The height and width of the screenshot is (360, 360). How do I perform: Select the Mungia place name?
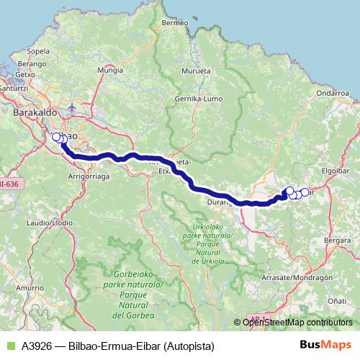(x=110, y=71)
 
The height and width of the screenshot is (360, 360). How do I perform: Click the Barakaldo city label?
(x=30, y=112)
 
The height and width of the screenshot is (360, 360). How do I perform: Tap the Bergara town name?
(x=338, y=239)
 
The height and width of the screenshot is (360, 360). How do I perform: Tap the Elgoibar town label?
(x=336, y=171)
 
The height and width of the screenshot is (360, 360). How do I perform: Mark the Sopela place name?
(x=37, y=52)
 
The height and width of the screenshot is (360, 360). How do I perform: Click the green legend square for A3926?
(x=10, y=345)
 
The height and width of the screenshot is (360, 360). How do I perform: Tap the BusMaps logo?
(x=325, y=345)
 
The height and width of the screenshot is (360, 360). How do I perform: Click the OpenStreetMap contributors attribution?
(x=297, y=323)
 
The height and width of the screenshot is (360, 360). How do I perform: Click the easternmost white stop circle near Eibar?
(x=305, y=192)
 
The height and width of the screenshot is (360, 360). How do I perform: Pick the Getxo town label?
(x=25, y=74)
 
